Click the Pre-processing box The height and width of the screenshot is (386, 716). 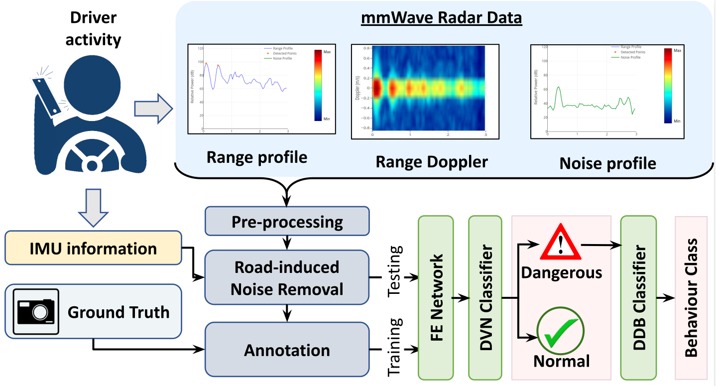[287, 221]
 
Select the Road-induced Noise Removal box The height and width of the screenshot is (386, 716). [287, 277]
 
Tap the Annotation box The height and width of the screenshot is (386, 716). [287, 350]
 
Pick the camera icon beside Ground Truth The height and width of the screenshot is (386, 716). [36, 312]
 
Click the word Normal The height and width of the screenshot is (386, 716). [561, 361]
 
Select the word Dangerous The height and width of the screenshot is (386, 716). [561, 272]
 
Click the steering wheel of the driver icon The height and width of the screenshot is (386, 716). [92, 159]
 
